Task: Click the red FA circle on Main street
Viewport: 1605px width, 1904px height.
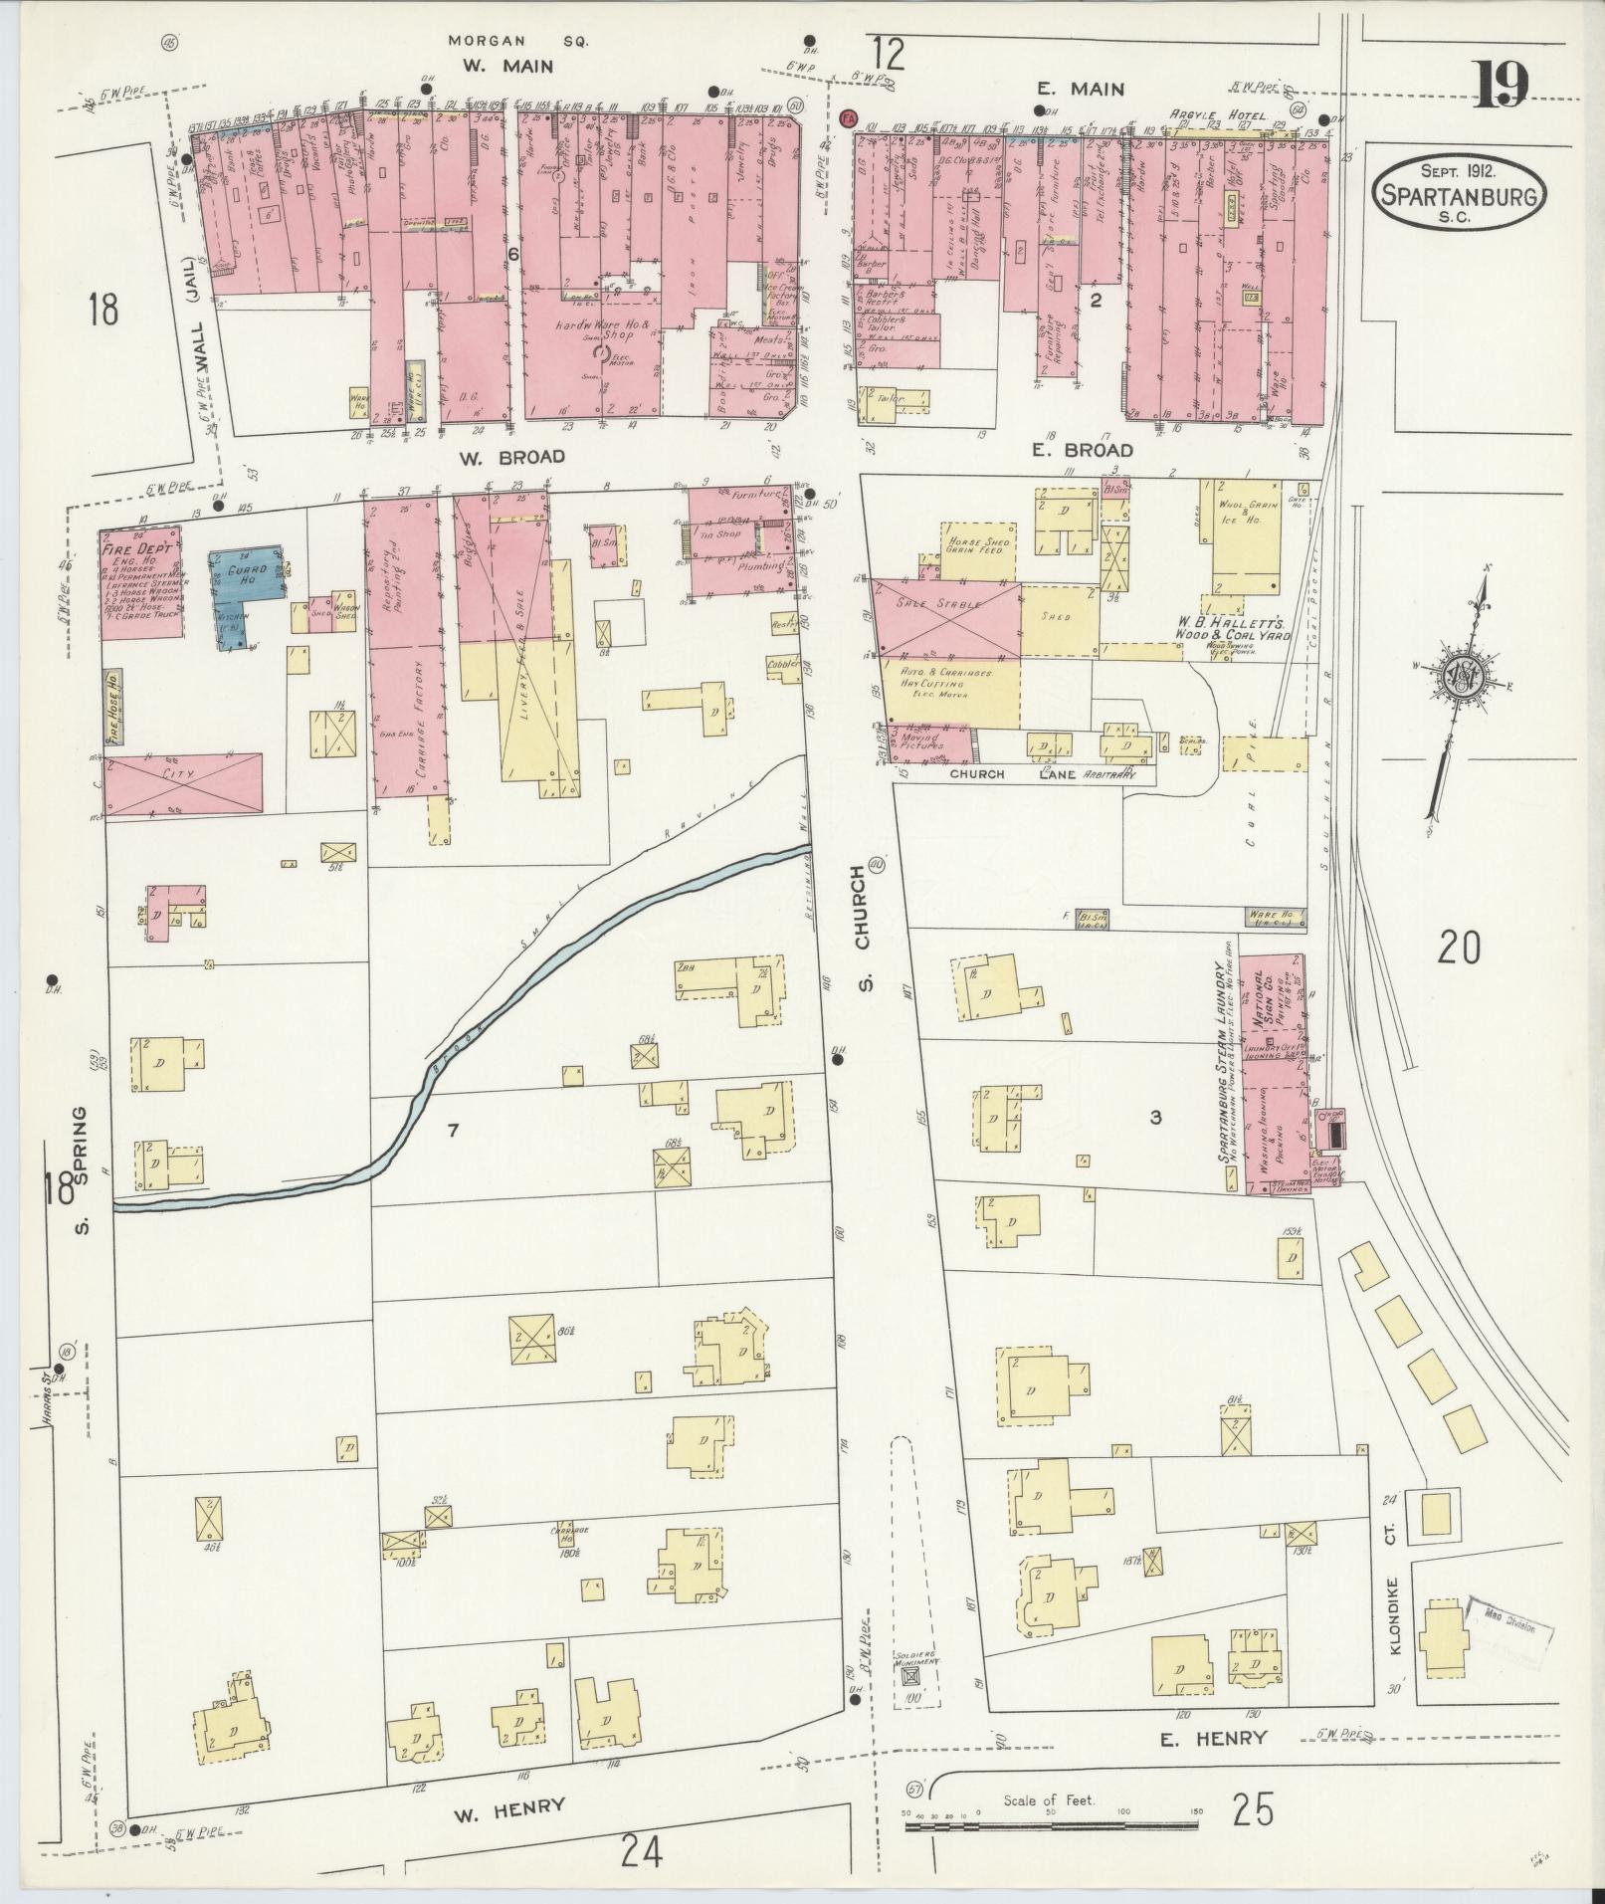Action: tap(849, 117)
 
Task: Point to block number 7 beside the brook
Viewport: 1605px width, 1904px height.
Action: tap(453, 1129)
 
